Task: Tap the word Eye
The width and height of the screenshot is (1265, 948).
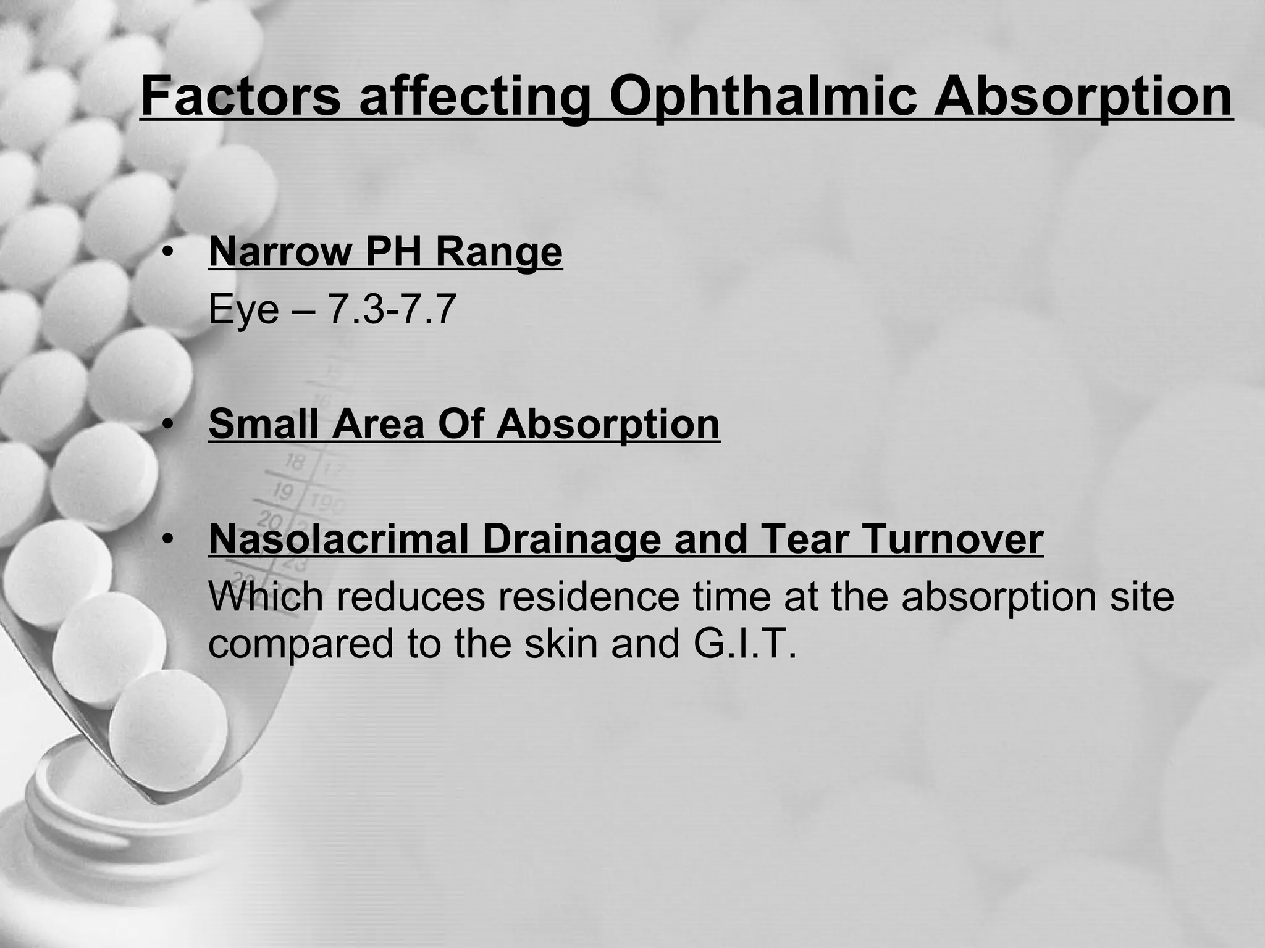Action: tap(244, 310)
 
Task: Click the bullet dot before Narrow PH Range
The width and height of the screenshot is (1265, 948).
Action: tap(166, 252)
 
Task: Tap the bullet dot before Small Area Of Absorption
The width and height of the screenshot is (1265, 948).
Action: tap(166, 425)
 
